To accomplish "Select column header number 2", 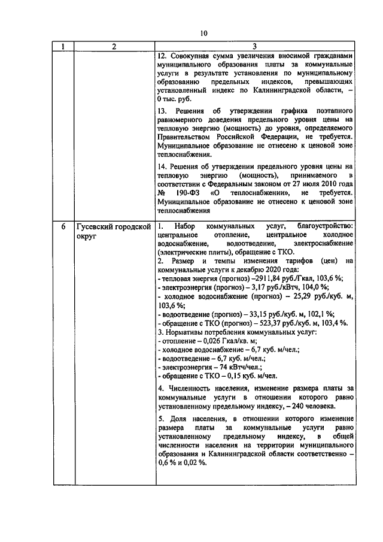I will (x=111, y=47).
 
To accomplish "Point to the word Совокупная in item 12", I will (x=190, y=56).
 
